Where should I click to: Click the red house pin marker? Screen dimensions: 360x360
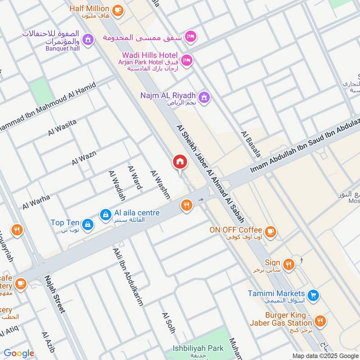180,162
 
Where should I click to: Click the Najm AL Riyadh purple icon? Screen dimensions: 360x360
204,97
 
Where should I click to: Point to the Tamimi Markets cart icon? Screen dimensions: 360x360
314,295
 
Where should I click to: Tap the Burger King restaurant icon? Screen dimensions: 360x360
320,321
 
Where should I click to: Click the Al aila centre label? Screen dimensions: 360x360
137,213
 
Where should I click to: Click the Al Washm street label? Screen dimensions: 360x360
161,184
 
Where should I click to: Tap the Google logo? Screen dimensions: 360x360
18,353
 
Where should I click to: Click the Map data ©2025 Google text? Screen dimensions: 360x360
325,355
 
